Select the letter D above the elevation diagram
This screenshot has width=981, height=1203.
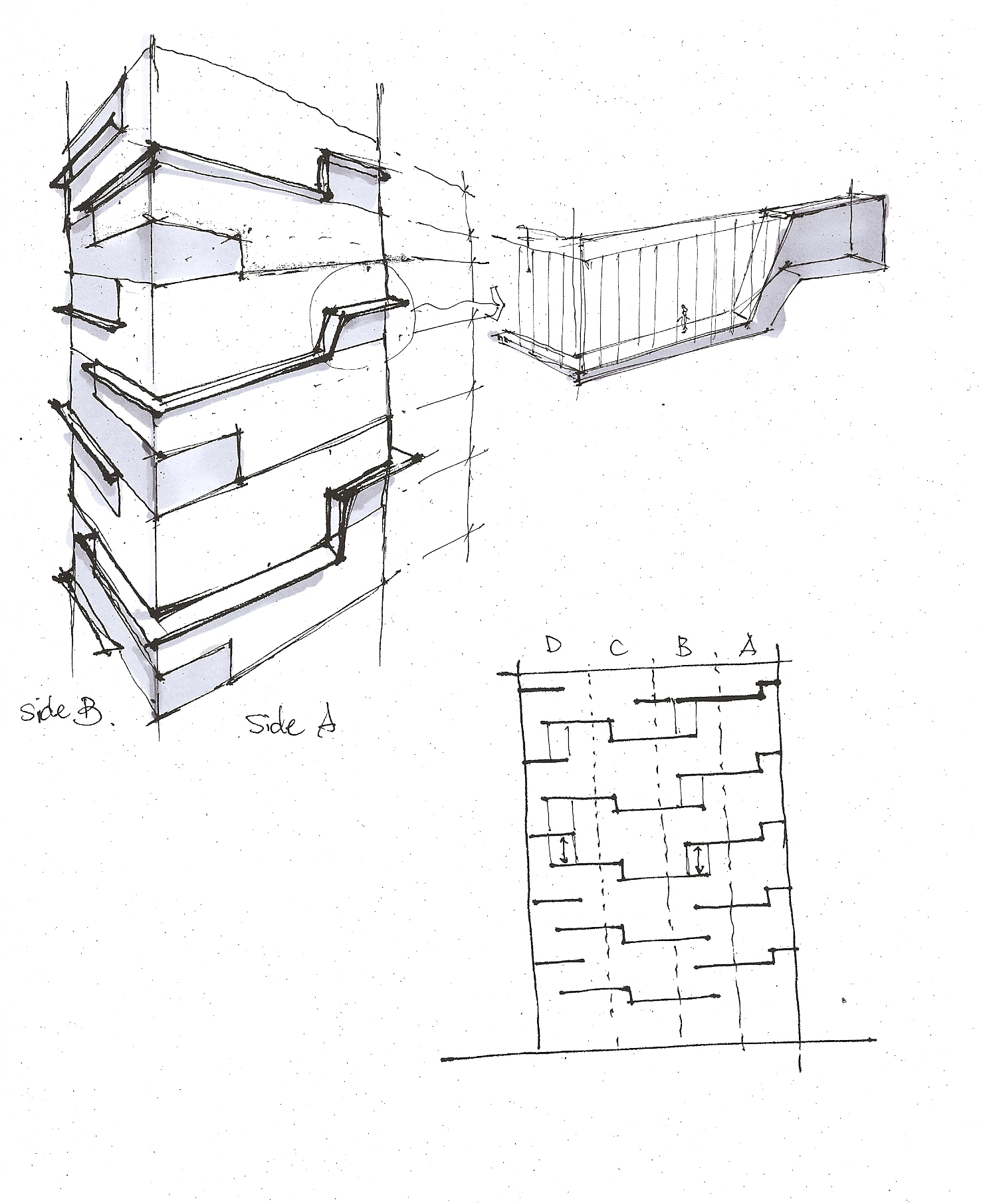[x=553, y=645]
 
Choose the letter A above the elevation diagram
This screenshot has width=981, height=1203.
[x=749, y=644]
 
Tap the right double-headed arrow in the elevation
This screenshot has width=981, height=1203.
[x=699, y=860]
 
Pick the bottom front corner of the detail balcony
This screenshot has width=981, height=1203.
[x=577, y=379]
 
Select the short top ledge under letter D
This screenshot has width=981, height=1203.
[x=540, y=690]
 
